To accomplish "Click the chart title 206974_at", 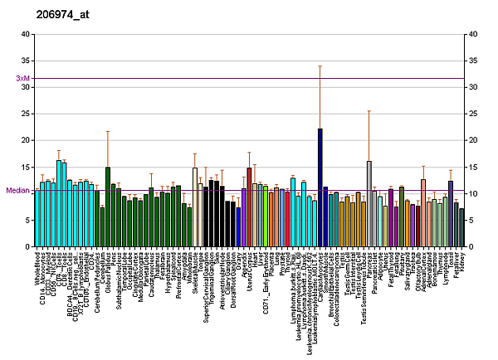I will pos(61,15).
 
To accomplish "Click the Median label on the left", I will pos(17,190).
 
